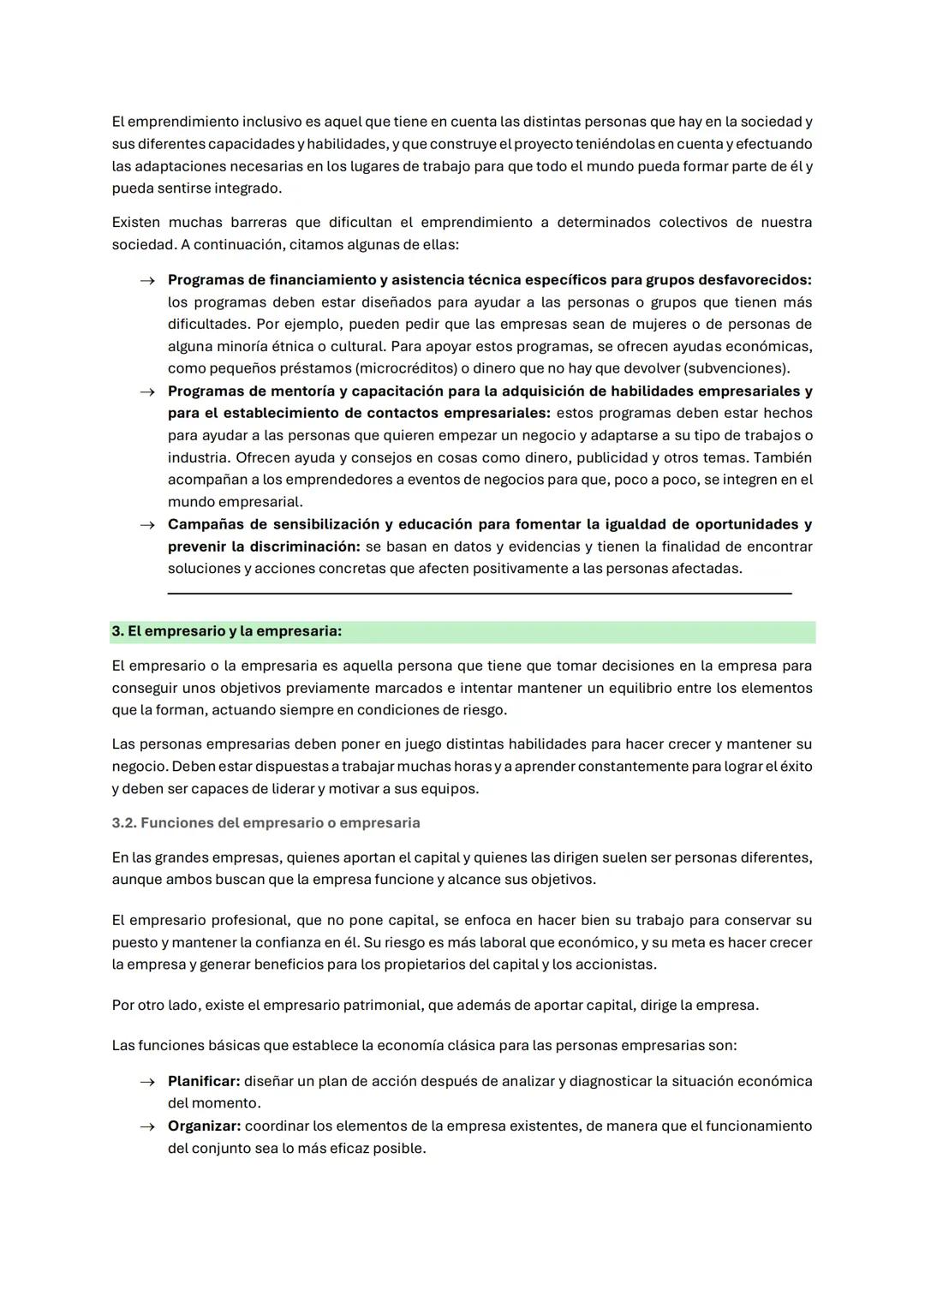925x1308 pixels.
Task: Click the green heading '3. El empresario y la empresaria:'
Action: click(227, 631)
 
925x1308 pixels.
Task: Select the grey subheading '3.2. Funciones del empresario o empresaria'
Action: click(266, 823)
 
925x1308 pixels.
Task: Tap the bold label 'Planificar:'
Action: click(204, 1082)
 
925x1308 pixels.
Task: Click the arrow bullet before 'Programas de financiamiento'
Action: click(147, 280)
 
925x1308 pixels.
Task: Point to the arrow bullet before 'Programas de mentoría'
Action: click(147, 391)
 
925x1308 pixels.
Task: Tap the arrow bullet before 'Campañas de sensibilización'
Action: click(147, 525)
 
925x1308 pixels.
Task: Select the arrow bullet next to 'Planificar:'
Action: click(147, 1082)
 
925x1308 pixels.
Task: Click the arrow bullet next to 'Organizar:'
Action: click(147, 1126)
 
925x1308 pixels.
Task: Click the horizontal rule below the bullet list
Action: click(480, 593)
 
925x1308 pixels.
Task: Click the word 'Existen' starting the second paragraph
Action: click(135, 223)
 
